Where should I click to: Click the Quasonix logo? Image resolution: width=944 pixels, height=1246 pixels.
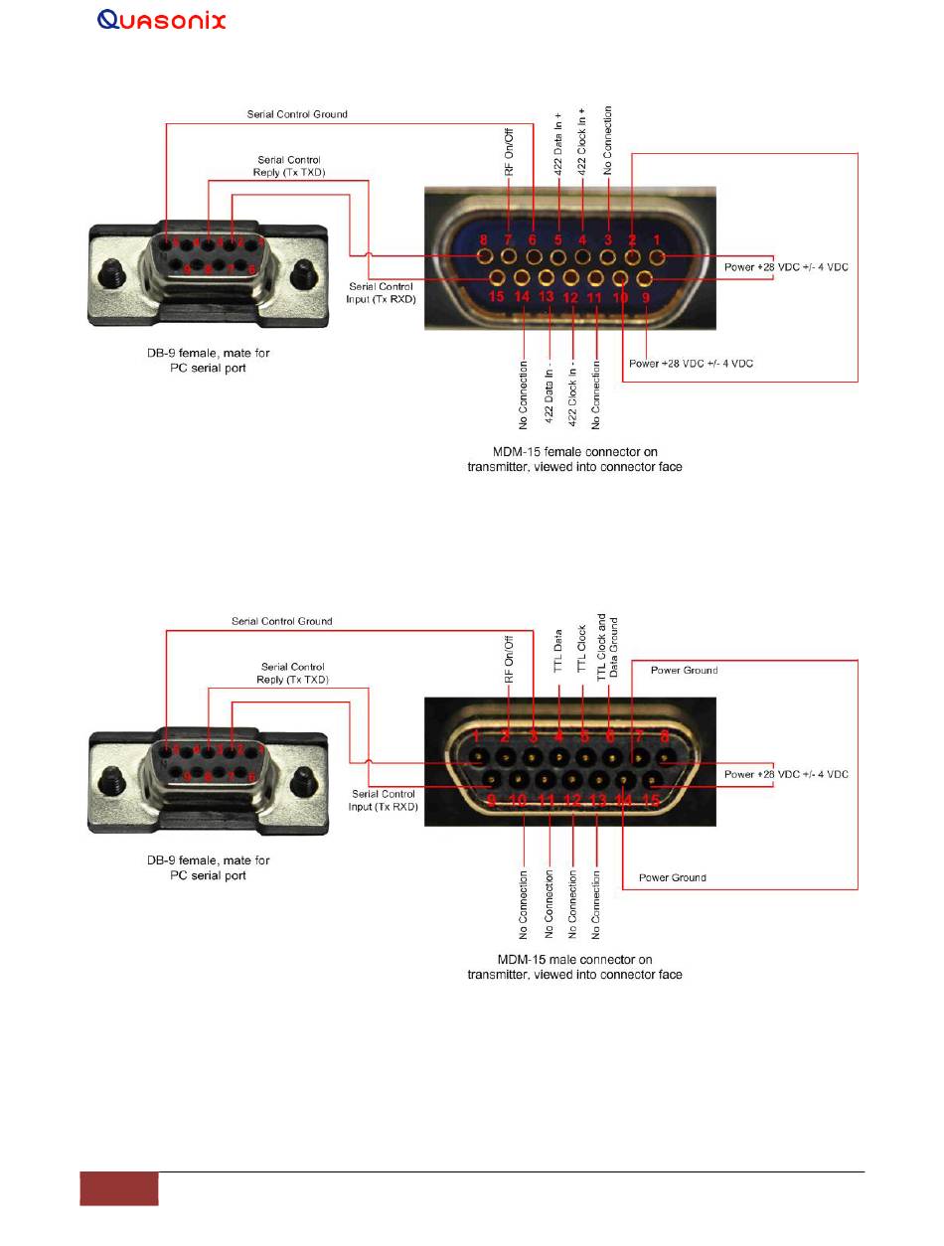[x=162, y=20]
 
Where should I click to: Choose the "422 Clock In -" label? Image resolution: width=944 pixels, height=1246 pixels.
[x=573, y=384]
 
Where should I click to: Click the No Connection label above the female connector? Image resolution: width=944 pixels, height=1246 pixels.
[x=608, y=140]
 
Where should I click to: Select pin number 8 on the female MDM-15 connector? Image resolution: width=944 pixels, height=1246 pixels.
[x=484, y=239]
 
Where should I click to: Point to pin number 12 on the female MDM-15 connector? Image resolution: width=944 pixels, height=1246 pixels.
[x=570, y=296]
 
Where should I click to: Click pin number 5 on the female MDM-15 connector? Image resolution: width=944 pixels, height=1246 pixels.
[x=557, y=239]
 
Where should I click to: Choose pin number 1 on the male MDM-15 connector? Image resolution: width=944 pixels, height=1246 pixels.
[x=478, y=736]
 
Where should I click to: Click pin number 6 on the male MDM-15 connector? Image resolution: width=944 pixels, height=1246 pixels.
[x=608, y=736]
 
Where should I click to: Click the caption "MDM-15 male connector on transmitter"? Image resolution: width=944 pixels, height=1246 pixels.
[x=574, y=967]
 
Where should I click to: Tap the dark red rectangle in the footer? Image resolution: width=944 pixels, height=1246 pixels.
[x=118, y=1189]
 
